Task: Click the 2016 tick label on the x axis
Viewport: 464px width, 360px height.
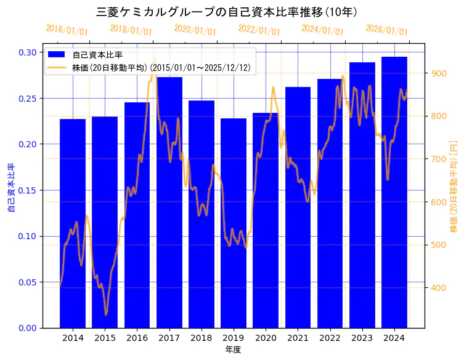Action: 137,338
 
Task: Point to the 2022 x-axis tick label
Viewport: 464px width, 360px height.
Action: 330,338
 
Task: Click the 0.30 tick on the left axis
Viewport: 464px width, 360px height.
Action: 27,52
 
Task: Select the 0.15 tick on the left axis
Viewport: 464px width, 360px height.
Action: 27,190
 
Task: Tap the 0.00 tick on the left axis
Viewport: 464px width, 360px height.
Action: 27,328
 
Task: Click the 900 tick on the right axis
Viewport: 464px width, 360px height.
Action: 439,73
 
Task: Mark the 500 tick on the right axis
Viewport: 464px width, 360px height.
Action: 439,245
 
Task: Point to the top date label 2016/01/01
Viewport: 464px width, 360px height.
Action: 67,30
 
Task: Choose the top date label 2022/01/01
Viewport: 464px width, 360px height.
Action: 259,30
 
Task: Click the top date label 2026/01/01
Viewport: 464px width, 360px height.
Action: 386,30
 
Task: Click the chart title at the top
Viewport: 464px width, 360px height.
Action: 229,12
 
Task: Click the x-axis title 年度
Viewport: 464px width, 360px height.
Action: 233,350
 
